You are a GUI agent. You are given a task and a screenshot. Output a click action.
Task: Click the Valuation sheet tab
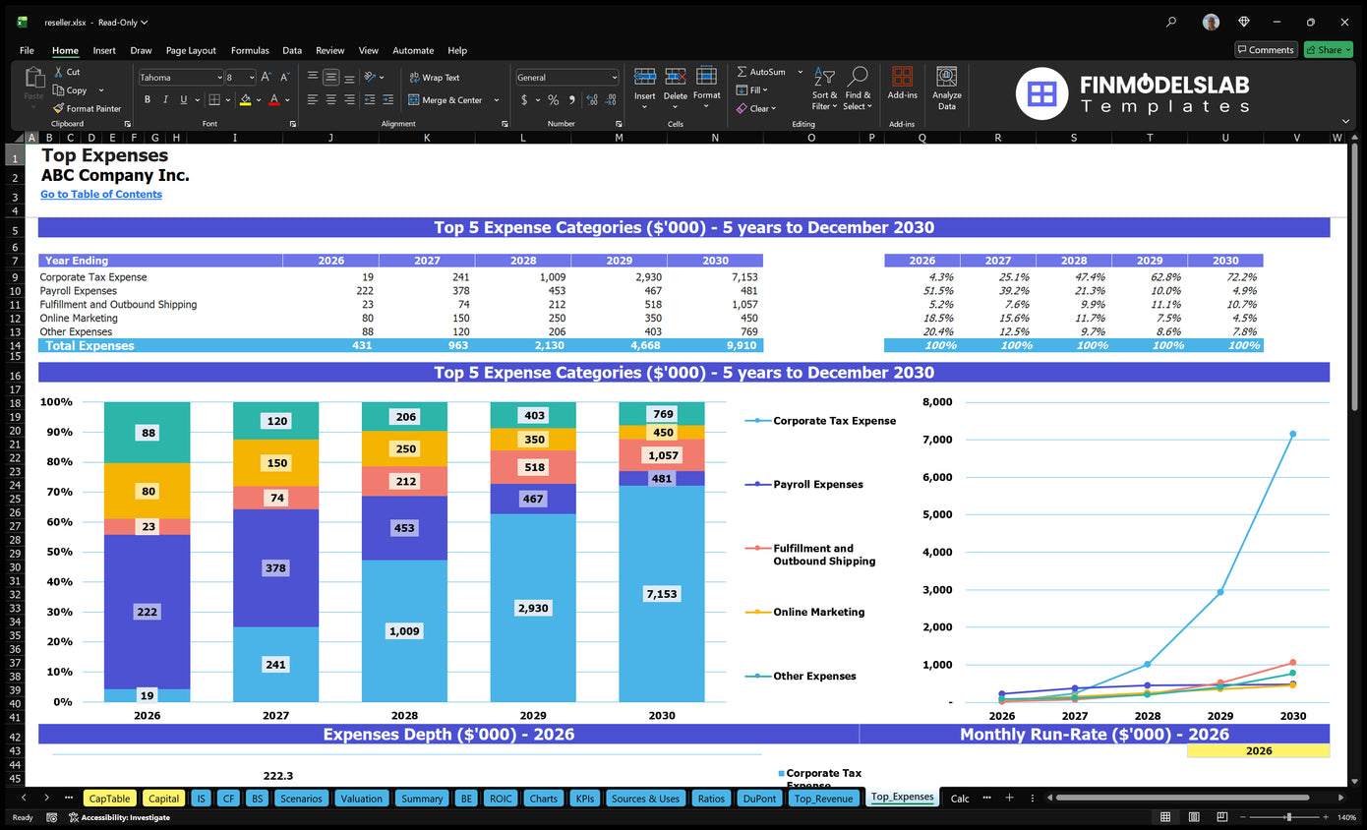[361, 799]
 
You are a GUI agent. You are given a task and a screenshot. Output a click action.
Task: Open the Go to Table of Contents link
[101, 195]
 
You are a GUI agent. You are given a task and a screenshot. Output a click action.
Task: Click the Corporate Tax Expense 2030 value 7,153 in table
[743, 277]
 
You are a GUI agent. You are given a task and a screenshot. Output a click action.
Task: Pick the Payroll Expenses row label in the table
[79, 291]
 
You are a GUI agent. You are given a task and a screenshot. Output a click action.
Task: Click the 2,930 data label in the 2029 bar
[533, 609]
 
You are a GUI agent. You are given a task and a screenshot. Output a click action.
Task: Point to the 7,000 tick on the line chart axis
[937, 440]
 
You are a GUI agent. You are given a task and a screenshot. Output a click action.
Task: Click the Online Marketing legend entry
[818, 612]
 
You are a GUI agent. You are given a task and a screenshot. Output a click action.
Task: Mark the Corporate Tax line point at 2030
[1292, 434]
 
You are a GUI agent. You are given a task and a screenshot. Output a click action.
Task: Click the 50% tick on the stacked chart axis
[56, 552]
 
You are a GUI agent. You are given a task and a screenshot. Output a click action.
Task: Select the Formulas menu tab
[250, 50]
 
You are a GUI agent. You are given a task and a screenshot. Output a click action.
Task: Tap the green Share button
[1327, 50]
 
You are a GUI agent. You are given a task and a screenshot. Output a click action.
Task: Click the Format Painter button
[88, 108]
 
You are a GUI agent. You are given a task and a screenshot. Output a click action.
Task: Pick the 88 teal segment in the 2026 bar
[148, 433]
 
